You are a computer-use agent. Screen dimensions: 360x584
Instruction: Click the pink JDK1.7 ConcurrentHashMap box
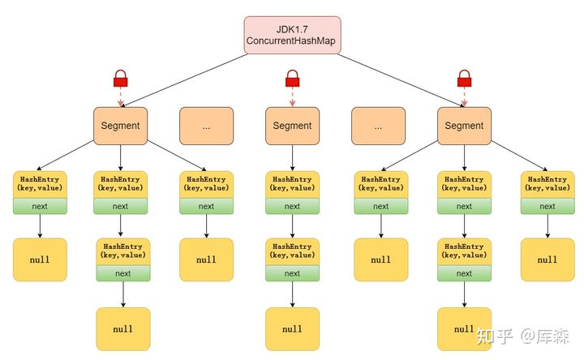coord(292,35)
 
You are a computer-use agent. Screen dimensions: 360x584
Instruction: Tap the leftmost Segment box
coord(120,126)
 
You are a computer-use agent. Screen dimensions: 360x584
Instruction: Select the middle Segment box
coord(292,126)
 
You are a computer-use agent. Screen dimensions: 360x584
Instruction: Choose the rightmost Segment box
coord(464,126)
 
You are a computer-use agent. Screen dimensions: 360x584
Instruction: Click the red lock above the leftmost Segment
coord(121,79)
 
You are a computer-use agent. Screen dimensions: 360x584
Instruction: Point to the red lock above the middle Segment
coord(292,79)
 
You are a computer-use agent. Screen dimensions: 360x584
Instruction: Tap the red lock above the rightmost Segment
coord(464,79)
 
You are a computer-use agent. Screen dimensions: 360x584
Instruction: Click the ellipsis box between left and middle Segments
coord(206,126)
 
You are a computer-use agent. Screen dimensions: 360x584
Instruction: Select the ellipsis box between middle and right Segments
coord(378,126)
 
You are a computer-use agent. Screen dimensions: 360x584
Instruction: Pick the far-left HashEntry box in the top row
coord(39,183)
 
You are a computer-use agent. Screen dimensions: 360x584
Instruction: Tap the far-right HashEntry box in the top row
coord(547,183)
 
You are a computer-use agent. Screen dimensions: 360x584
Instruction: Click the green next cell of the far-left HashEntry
coord(39,206)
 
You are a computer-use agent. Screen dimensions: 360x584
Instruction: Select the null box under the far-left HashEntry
coord(39,259)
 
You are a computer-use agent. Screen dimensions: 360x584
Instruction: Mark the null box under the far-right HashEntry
coord(547,259)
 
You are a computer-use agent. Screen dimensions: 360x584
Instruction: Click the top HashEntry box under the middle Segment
coord(292,183)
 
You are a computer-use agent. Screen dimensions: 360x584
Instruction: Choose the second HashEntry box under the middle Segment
coord(292,251)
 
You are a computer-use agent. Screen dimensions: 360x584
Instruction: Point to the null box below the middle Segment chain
coord(292,328)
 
